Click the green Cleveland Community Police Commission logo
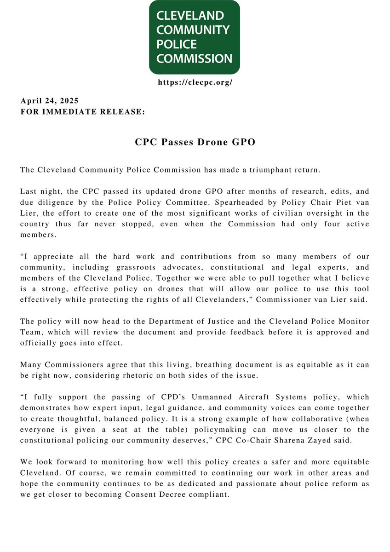[x=194, y=37]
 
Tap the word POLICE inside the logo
[x=177, y=45]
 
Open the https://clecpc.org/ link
[x=195, y=82]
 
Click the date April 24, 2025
[x=49, y=101]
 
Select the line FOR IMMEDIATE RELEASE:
[x=83, y=111]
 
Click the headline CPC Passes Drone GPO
[x=195, y=143]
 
